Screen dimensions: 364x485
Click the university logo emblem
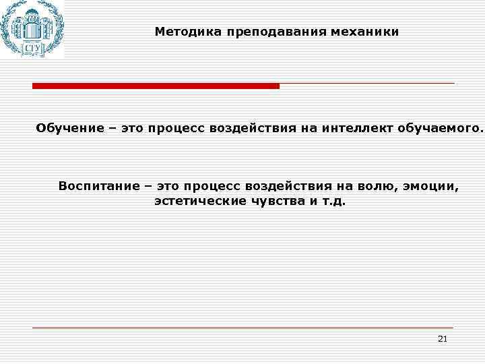click(x=32, y=28)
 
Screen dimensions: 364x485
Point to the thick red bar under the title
click(x=156, y=86)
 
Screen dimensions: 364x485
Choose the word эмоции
click(x=431, y=186)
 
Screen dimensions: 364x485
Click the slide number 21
click(x=442, y=338)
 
